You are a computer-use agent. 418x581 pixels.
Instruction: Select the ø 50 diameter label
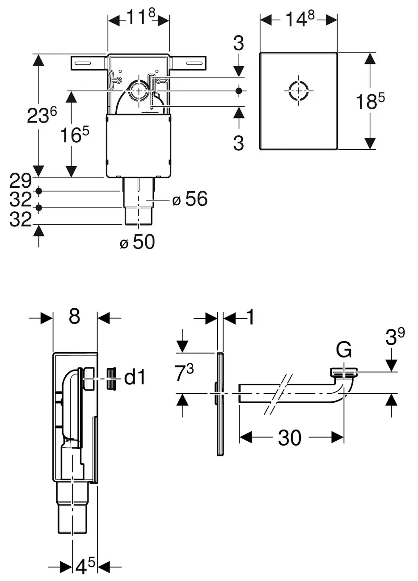[x=137, y=242]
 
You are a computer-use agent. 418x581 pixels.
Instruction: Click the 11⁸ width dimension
[x=139, y=19]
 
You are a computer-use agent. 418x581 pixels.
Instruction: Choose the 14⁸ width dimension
[x=299, y=19]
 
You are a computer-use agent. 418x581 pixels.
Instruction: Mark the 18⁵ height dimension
[x=370, y=101]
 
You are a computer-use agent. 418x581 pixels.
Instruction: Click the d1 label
[x=135, y=378]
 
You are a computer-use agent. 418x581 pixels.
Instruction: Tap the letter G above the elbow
[x=344, y=350]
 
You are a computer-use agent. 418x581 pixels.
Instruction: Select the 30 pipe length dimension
[x=290, y=438]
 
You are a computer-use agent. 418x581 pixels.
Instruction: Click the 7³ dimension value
[x=184, y=373]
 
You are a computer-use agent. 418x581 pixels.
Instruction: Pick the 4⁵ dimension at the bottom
[x=85, y=567]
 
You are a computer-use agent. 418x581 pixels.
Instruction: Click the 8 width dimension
[x=74, y=317]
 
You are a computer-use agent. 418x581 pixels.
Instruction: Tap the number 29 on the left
[x=21, y=181]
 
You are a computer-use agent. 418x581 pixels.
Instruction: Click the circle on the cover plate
[x=298, y=91]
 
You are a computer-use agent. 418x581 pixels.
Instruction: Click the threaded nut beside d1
[x=111, y=378]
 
